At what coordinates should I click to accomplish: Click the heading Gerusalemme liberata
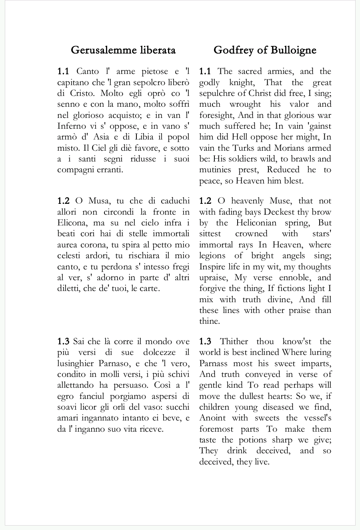point(123,50)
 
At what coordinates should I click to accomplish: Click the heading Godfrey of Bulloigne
point(265,50)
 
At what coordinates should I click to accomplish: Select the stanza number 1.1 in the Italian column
point(63,72)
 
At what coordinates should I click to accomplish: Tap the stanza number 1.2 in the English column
point(205,201)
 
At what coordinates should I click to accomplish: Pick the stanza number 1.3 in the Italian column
point(63,342)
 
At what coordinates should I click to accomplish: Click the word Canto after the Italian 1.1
point(88,72)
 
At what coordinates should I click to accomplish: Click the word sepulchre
point(216,93)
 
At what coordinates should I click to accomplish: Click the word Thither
point(234,342)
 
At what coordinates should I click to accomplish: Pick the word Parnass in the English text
point(214,363)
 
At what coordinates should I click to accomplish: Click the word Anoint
point(212,418)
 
